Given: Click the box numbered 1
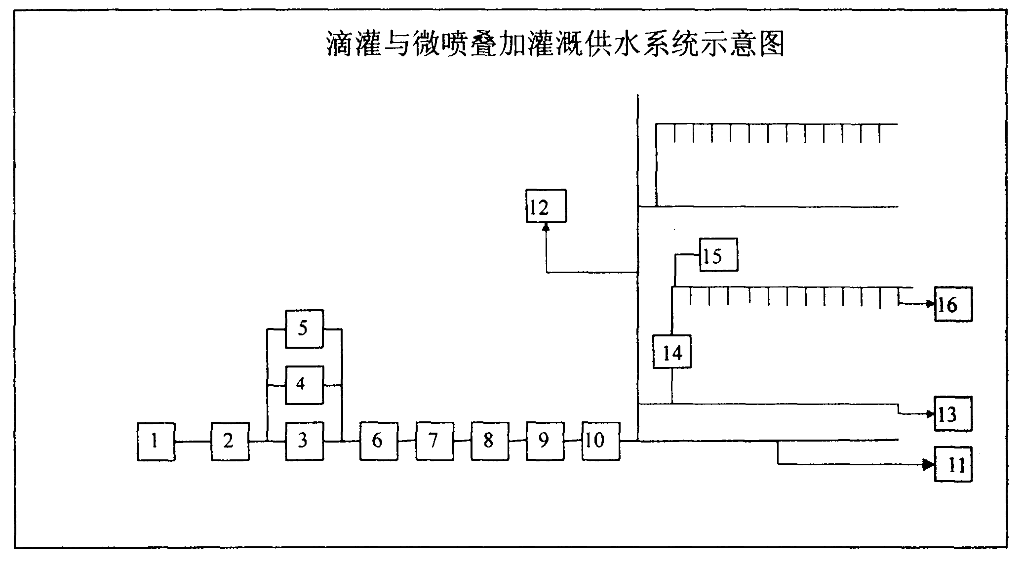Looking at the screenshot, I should click(156, 442).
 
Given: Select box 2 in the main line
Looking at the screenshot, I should click(230, 442).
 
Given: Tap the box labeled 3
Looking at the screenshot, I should click(305, 442).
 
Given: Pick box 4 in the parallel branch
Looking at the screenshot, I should click(305, 385).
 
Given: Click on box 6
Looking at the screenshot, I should click(379, 442).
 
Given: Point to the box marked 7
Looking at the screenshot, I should click(434, 442).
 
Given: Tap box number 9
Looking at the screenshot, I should click(545, 442).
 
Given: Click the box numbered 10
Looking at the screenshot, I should click(600, 442).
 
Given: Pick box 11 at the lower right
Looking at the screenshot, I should click(953, 464).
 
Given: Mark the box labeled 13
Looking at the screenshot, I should click(953, 413).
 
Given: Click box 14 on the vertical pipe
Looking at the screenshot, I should click(672, 352).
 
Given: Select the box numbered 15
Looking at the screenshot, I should click(718, 255).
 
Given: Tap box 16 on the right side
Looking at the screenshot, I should click(953, 304).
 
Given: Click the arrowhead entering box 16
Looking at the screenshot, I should click(930, 304).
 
